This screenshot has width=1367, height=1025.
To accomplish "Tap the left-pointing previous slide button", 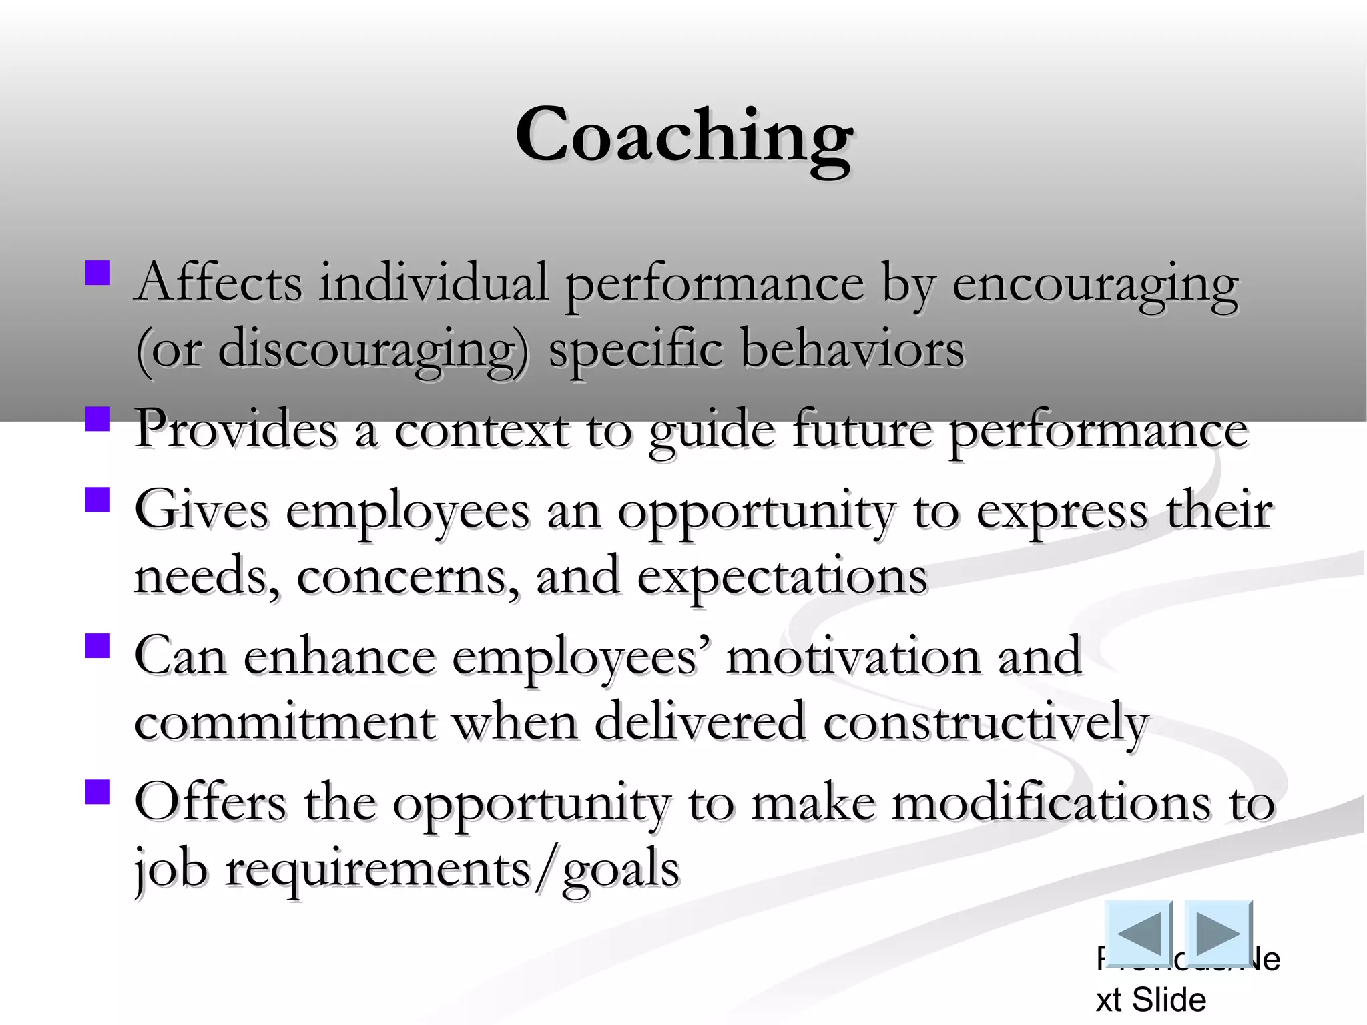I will [x=1138, y=933].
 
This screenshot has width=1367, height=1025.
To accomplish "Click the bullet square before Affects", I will [x=97, y=272].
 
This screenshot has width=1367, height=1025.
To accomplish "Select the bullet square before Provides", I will [x=97, y=420].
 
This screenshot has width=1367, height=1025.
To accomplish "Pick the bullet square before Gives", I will [x=97, y=499].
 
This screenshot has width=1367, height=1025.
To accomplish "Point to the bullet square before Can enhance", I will [x=97, y=646].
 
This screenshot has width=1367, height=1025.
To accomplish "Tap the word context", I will [x=481, y=430].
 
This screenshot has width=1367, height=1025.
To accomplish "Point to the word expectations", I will [x=782, y=578].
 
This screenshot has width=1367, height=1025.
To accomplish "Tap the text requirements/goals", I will [x=452, y=870].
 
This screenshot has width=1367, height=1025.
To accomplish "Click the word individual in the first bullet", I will [x=433, y=284].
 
